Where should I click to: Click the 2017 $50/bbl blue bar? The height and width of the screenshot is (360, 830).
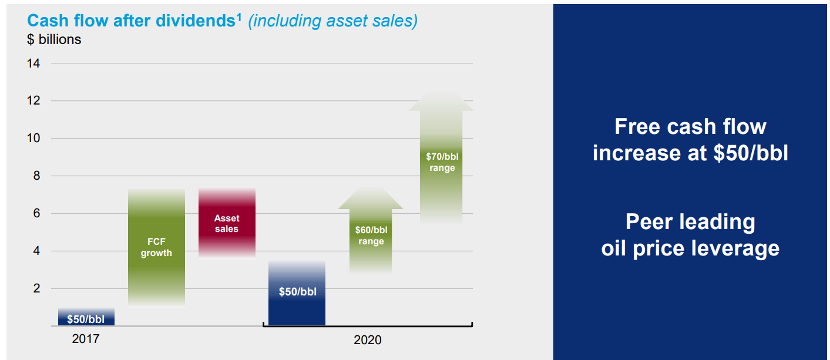[x=86, y=318]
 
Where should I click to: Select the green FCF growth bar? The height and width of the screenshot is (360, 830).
[x=156, y=247]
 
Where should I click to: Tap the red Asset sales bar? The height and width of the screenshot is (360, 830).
[x=227, y=223]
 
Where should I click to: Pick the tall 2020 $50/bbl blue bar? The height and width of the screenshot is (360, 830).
[x=297, y=294]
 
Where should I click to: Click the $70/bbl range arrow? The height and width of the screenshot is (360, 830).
[x=441, y=162]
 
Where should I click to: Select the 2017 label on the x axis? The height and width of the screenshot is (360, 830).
[x=86, y=339]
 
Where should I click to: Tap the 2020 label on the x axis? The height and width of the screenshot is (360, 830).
[x=367, y=340]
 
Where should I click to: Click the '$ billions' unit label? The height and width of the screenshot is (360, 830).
[x=54, y=40]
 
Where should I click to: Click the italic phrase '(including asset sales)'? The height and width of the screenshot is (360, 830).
[x=332, y=21]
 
